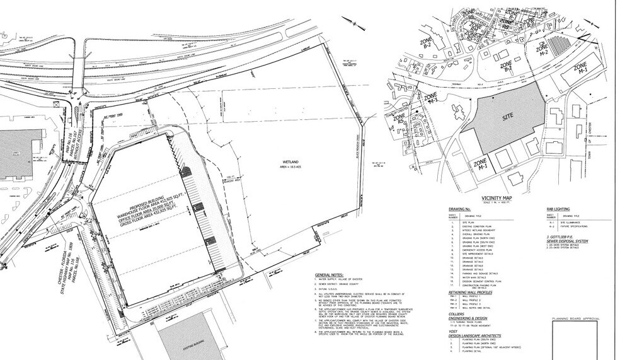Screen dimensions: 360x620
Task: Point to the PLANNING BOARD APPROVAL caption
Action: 575,319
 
